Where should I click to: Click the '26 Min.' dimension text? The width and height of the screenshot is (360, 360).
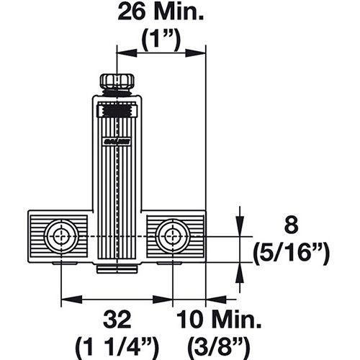tap(161, 12)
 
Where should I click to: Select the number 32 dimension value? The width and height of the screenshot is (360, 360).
tap(117, 320)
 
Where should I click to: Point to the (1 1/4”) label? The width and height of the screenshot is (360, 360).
tap(117, 346)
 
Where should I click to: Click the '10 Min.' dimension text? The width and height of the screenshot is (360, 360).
tap(219, 320)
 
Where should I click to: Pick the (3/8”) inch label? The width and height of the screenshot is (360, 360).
tap(219, 346)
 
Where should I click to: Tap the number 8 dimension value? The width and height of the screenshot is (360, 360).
tap(292, 225)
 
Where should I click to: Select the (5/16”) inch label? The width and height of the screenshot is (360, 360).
tap(291, 253)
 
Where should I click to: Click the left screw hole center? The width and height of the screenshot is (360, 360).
tap(61, 236)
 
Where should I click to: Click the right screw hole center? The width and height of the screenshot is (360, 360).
tap(173, 236)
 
